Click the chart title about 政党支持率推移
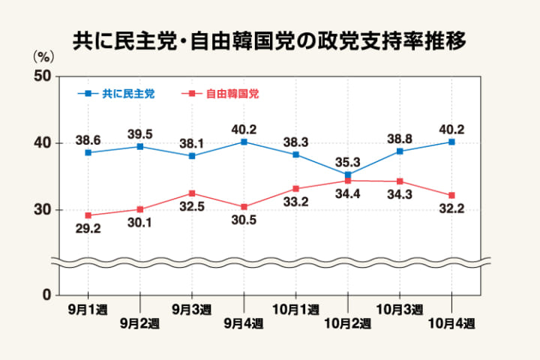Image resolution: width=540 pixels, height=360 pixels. [x=269, y=41]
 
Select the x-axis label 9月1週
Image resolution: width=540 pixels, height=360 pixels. [x=88, y=309]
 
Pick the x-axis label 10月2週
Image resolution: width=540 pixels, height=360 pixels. [x=349, y=324]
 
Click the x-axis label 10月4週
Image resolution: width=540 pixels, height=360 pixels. [x=452, y=324]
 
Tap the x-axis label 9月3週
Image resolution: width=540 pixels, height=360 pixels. [x=192, y=309]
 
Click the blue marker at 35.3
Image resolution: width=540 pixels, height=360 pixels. [x=348, y=175]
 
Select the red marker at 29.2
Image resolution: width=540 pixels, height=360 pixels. [x=88, y=215]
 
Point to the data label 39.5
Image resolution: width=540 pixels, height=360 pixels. [x=140, y=133]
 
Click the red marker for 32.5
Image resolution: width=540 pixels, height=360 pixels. [x=192, y=193]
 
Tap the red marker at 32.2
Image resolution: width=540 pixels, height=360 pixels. [x=451, y=196]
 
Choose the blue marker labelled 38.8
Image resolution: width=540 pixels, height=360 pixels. [x=400, y=151]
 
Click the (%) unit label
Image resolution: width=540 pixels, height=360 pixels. [x=43, y=56]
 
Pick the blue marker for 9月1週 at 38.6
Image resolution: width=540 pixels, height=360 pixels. [x=88, y=152]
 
